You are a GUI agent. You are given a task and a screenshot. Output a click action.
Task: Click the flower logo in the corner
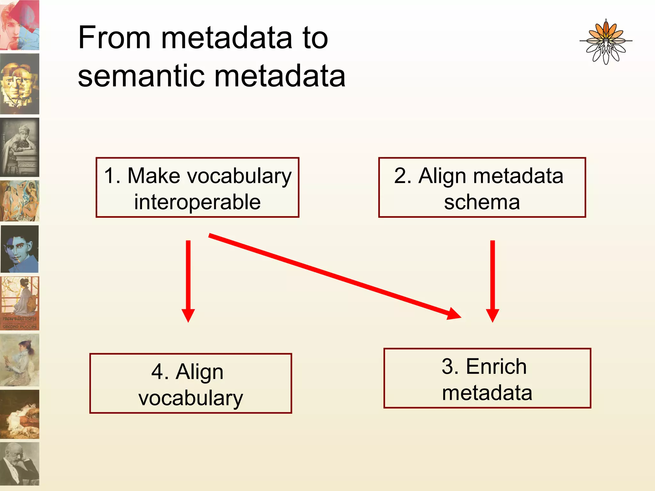tap(606, 42)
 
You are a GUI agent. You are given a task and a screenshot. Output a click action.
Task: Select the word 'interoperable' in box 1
tap(197, 202)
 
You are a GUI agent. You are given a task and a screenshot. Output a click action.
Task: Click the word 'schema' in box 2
tap(482, 202)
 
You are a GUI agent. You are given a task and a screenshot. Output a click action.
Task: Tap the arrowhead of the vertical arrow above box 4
tap(188, 315)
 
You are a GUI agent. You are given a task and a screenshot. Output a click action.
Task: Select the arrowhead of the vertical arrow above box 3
tap(493, 315)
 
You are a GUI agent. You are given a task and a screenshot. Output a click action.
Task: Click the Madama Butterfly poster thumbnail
tap(20, 303)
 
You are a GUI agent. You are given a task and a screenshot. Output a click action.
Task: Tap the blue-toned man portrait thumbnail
tap(20, 249)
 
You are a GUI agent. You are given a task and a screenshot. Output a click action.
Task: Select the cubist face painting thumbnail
tap(20, 84)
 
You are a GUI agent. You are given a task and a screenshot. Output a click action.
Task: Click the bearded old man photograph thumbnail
tap(20, 464)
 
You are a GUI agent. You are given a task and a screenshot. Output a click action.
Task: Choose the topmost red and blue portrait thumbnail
tap(20, 25)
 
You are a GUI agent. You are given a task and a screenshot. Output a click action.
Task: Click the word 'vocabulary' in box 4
tap(191, 398)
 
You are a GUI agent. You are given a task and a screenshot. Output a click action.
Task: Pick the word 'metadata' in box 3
tap(487, 393)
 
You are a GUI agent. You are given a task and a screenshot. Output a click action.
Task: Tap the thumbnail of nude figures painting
tap(20, 201)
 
